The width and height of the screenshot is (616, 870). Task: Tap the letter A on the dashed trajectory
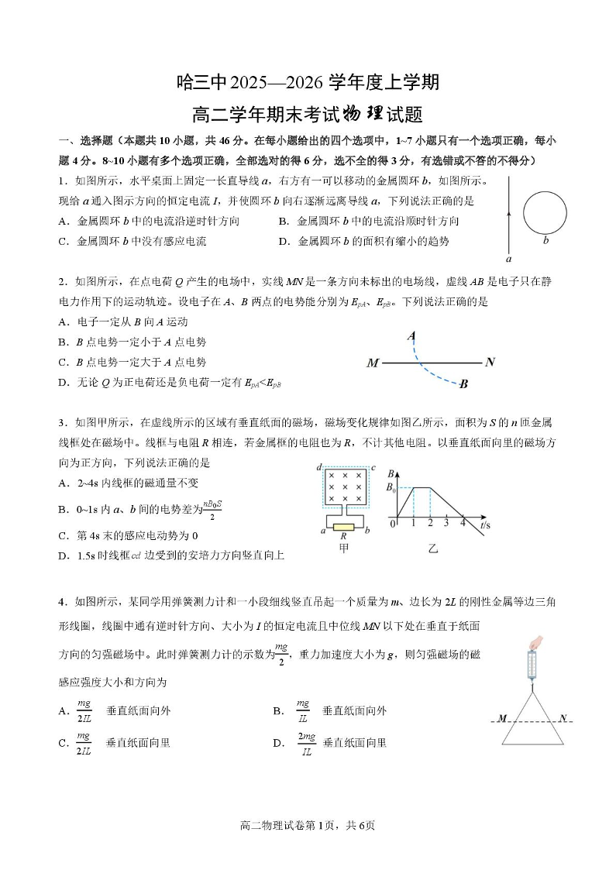tap(411, 335)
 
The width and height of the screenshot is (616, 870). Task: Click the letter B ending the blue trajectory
tap(463, 383)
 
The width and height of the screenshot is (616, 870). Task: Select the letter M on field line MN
tap(373, 363)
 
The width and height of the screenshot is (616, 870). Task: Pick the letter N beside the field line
tap(489, 362)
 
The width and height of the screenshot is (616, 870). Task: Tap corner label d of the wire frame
tap(318, 467)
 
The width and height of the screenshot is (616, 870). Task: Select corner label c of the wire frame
tap(373, 467)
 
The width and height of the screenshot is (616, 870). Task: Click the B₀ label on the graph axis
tap(392, 487)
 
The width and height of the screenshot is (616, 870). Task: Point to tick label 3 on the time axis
tap(446, 524)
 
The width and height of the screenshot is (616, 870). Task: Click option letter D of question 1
tap(284, 241)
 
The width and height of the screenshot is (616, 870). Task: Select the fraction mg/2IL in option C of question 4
tap(84, 743)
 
